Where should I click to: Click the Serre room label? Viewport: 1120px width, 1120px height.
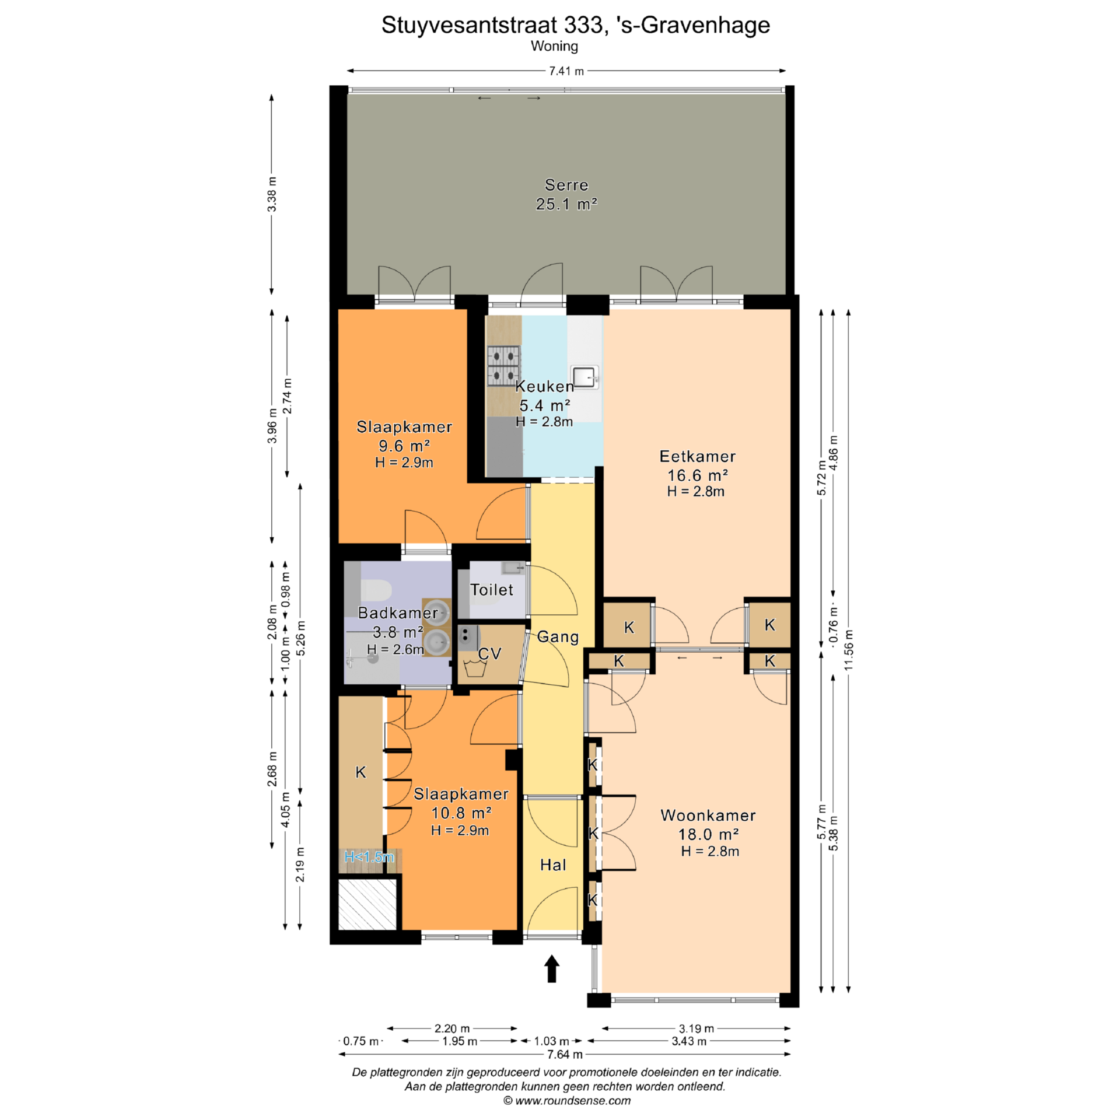pyautogui.click(x=566, y=185)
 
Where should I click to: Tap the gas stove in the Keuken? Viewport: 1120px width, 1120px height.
pyautogui.click(x=503, y=366)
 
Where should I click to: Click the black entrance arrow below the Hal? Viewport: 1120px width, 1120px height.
pyautogui.click(x=552, y=968)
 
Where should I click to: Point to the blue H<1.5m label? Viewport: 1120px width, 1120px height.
pyautogui.click(x=369, y=857)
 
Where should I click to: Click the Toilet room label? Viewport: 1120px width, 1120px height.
pyautogui.click(x=492, y=590)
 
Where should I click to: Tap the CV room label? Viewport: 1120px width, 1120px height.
pyautogui.click(x=489, y=654)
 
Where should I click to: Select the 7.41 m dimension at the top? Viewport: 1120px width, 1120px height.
pyautogui.click(x=566, y=71)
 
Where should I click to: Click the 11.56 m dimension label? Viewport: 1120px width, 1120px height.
pyautogui.click(x=849, y=650)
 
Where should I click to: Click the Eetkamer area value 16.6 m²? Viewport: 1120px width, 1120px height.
pyautogui.click(x=698, y=475)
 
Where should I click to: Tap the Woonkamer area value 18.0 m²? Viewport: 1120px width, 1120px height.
pyautogui.click(x=709, y=834)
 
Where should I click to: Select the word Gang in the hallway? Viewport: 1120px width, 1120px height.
pyautogui.click(x=558, y=637)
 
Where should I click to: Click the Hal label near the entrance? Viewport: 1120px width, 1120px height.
pyautogui.click(x=553, y=865)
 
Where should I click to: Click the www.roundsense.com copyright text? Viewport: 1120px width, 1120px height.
pyautogui.click(x=567, y=1101)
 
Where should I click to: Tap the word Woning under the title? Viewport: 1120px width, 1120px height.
pyautogui.click(x=554, y=46)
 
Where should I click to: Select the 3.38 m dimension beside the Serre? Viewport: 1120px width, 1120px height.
pyautogui.click(x=272, y=194)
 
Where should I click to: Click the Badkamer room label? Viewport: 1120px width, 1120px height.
pyautogui.click(x=398, y=612)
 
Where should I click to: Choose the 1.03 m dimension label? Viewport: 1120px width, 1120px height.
pyautogui.click(x=552, y=1041)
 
